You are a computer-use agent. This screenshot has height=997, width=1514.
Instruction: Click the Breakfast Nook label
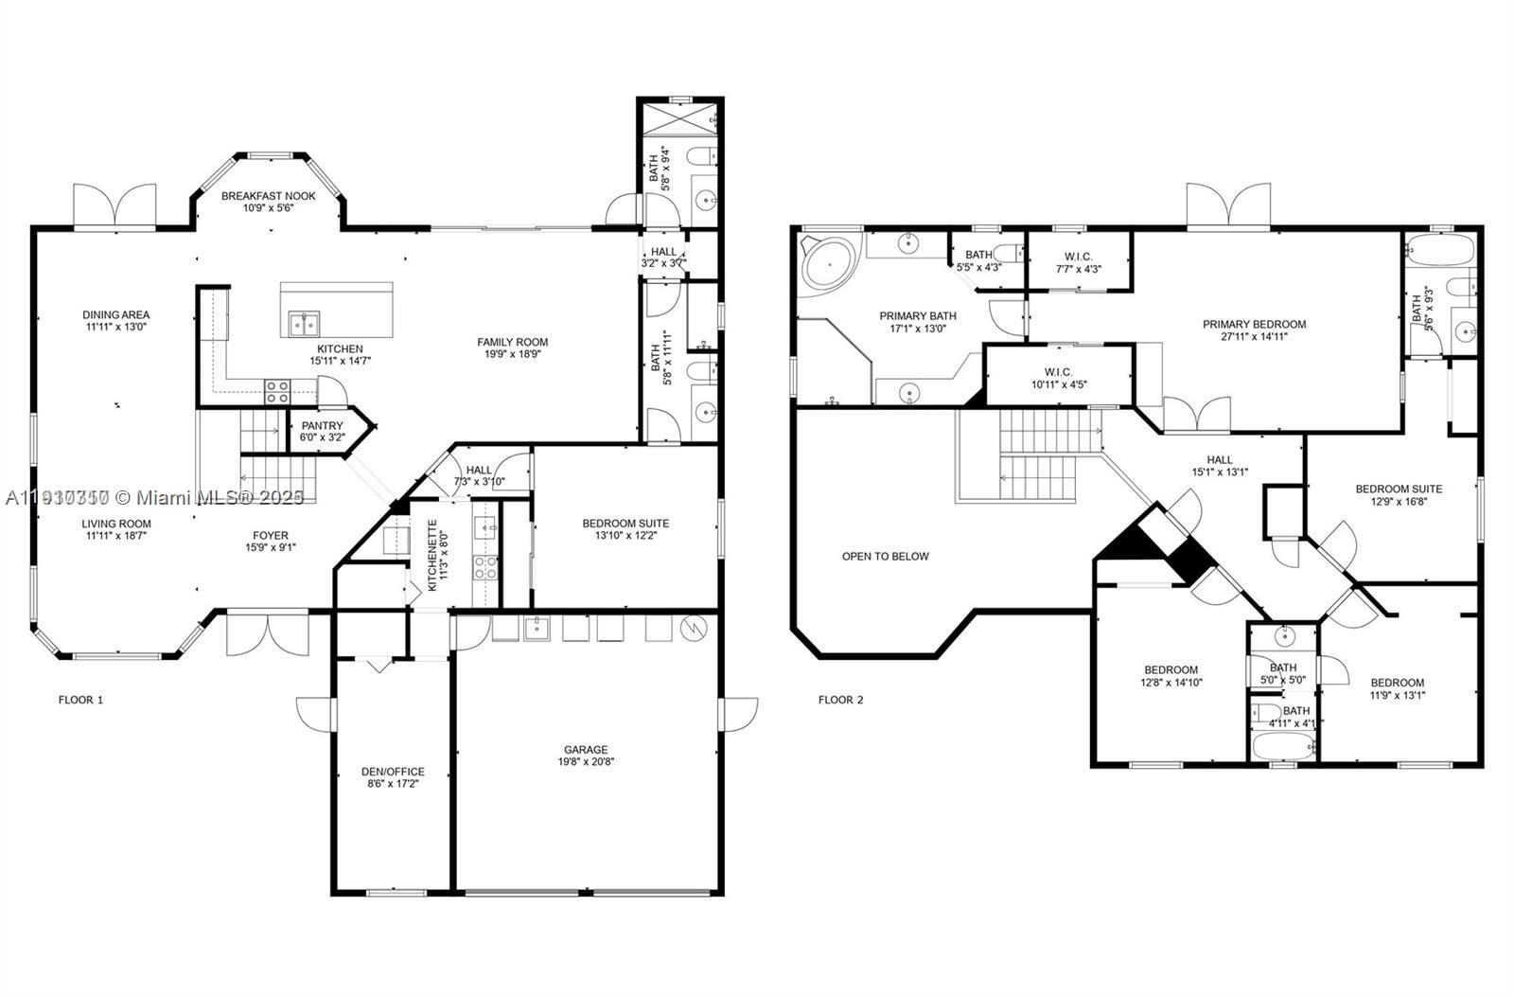click(269, 196)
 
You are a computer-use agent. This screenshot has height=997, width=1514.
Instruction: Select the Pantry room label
click(322, 426)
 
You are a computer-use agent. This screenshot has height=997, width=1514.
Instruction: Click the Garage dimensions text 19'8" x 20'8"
click(586, 762)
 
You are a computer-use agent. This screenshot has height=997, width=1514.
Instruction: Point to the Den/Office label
click(393, 772)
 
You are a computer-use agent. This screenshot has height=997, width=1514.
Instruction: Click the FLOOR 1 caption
click(80, 700)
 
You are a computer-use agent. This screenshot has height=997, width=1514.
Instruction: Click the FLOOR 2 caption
click(840, 700)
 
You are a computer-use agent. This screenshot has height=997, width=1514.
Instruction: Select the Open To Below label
click(885, 557)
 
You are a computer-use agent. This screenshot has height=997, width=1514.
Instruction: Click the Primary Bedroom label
click(1254, 324)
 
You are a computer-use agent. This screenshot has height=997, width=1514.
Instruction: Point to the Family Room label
click(512, 343)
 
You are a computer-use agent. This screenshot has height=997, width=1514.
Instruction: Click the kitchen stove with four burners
click(276, 391)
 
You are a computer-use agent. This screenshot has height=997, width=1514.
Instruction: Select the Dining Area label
click(115, 315)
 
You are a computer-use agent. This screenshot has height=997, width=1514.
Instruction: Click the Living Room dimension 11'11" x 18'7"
click(115, 536)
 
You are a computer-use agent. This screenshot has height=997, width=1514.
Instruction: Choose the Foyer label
click(270, 536)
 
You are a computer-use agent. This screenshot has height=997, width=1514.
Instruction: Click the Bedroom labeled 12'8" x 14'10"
click(1171, 670)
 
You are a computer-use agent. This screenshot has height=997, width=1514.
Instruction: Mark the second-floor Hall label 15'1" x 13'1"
click(1220, 460)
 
